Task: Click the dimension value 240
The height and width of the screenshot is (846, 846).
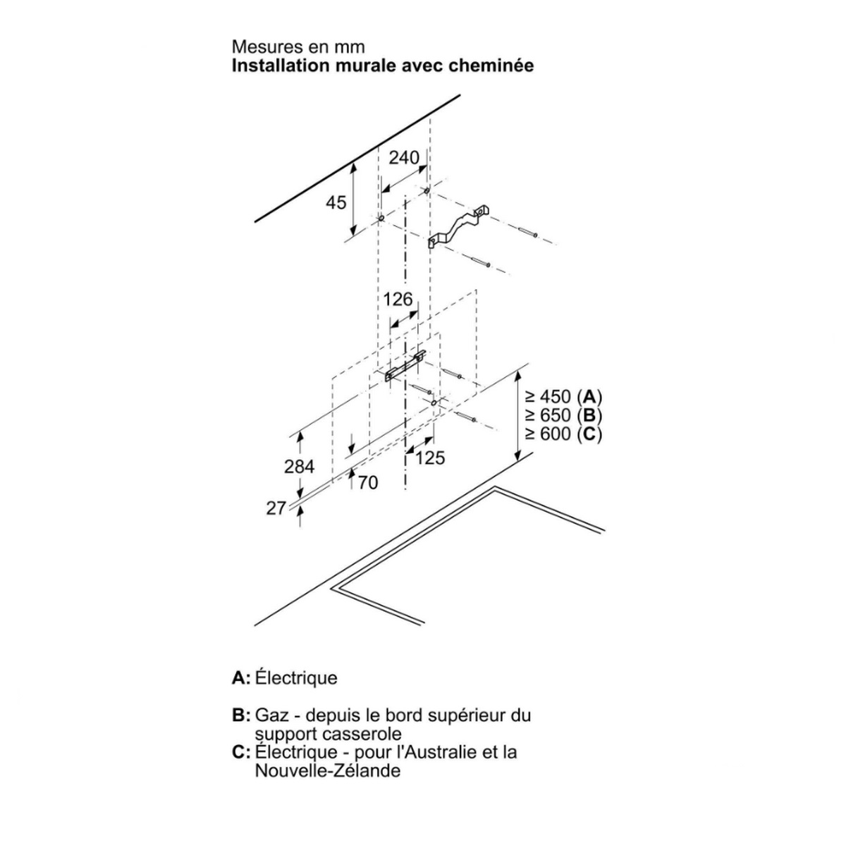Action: [404, 157]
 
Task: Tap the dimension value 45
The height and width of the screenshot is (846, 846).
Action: [336, 202]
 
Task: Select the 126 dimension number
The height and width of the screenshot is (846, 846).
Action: [398, 300]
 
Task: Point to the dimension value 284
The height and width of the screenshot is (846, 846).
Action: [299, 466]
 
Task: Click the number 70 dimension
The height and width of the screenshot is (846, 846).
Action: [368, 483]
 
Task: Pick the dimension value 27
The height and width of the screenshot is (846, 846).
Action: [276, 508]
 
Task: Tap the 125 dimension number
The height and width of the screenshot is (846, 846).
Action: [430, 458]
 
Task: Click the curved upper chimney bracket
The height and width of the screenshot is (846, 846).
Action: [458, 227]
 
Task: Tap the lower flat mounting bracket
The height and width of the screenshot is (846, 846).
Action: [405, 367]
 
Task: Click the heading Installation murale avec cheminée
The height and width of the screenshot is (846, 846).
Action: [383, 66]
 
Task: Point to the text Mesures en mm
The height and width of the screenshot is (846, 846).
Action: [299, 47]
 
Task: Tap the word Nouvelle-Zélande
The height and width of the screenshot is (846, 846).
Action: [328, 771]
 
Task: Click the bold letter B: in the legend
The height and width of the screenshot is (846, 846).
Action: [241, 716]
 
